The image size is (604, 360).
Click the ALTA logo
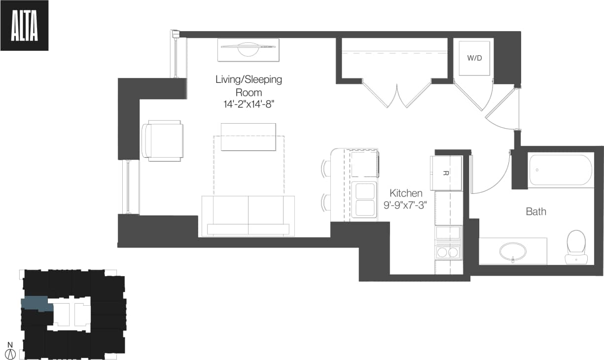(24, 26)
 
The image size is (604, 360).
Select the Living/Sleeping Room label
(249, 85)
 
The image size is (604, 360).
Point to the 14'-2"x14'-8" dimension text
(249, 105)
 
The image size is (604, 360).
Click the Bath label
(535, 212)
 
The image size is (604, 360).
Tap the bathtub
(561, 170)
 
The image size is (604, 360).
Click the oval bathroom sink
(513, 252)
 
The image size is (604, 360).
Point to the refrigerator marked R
(446, 173)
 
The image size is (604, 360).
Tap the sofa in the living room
(248, 216)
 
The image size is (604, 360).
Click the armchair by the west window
(163, 141)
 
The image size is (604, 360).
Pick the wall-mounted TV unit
(248, 50)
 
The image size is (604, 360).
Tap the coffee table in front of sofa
(248, 137)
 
